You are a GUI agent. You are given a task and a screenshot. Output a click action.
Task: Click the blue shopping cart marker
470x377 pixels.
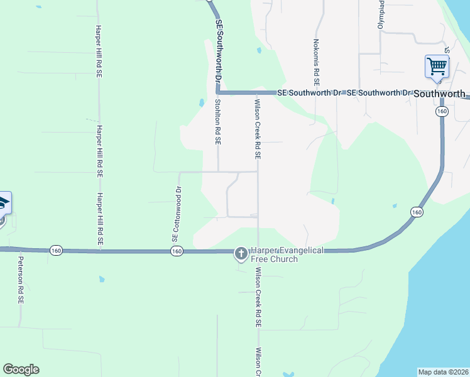point(437,67)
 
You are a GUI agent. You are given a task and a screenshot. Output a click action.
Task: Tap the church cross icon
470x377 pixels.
point(241,253)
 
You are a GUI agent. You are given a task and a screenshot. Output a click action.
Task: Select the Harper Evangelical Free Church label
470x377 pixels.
point(287,254)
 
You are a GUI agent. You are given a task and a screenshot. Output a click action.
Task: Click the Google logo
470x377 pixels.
point(21,369)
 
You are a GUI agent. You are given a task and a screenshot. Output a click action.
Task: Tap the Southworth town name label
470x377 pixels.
point(440,94)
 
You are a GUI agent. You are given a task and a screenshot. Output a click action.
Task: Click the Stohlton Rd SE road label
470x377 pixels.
point(218,122)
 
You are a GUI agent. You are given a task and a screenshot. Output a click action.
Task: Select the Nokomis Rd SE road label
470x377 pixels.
point(316,63)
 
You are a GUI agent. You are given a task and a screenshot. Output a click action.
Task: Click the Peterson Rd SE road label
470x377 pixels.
point(21,280)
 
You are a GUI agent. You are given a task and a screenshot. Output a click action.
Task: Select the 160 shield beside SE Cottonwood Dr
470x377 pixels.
point(176,251)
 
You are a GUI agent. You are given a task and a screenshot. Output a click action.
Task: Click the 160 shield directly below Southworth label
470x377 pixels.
point(442,111)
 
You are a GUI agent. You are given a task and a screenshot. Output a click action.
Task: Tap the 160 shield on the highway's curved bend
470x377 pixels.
point(417,212)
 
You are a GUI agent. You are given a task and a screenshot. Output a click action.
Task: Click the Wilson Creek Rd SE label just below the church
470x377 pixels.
point(258,298)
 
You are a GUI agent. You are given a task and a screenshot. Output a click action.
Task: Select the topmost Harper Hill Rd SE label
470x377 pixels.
point(99,52)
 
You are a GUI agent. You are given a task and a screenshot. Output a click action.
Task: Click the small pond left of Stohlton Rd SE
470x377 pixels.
point(201,102)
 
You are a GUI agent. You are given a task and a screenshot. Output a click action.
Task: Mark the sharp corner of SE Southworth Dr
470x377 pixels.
point(219,92)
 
